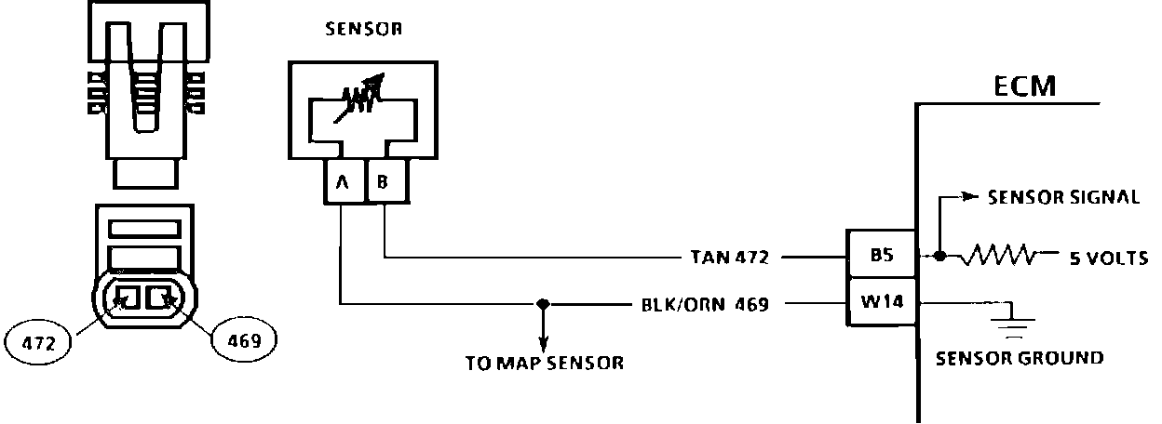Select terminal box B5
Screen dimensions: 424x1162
click(x=882, y=254)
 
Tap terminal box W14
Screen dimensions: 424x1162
click(x=882, y=302)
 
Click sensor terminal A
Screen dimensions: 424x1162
click(x=342, y=183)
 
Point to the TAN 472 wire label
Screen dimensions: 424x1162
click(x=730, y=258)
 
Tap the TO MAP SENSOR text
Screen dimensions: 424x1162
click(x=545, y=364)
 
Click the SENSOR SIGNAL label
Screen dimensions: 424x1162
click(x=1063, y=198)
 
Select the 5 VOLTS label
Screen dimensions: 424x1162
click(x=1107, y=258)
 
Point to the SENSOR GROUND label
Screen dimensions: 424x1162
click(x=1020, y=358)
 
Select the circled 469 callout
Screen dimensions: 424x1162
click(x=244, y=340)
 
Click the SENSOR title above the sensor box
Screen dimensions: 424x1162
click(x=363, y=28)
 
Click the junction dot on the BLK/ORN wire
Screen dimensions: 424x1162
click(x=543, y=303)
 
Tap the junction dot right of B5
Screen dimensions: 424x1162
click(x=941, y=255)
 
